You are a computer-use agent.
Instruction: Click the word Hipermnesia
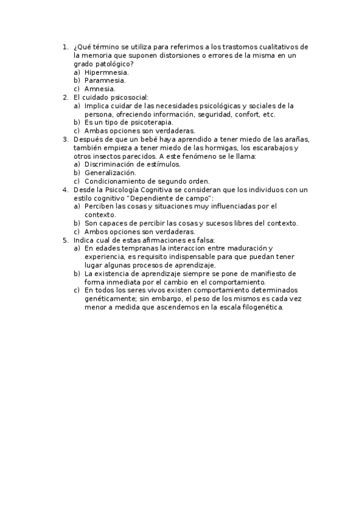coord(106,72)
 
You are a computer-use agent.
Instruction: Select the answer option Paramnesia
coord(105,80)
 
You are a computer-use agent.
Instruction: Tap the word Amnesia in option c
coord(100,89)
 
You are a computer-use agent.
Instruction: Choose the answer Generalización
coord(110,172)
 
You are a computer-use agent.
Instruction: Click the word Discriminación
coord(109,164)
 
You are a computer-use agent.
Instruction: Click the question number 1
coord(66,46)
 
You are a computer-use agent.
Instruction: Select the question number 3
coord(66,139)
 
